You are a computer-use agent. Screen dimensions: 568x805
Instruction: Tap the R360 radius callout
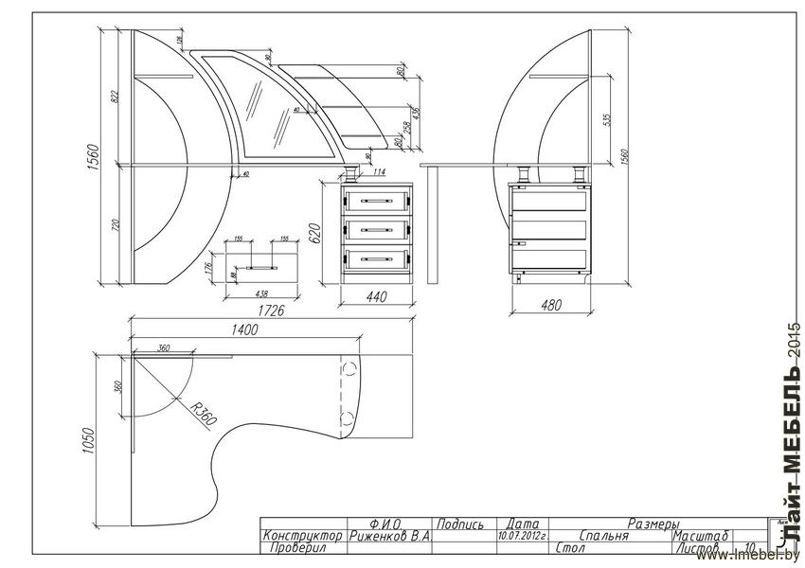202,413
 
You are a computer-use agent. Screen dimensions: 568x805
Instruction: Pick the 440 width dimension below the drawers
377,297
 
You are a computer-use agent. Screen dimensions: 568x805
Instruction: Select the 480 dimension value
550,306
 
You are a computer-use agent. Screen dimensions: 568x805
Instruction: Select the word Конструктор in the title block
303,536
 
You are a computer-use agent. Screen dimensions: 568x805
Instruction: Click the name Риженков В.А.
389,536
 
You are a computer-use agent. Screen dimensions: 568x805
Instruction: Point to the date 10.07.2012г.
522,536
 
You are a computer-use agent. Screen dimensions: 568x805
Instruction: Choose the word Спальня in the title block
603,536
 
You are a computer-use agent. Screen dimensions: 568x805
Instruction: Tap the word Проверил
297,548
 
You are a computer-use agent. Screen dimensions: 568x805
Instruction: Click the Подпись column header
461,524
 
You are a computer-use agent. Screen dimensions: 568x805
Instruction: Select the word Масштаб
700,536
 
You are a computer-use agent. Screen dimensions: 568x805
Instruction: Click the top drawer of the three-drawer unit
378,200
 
